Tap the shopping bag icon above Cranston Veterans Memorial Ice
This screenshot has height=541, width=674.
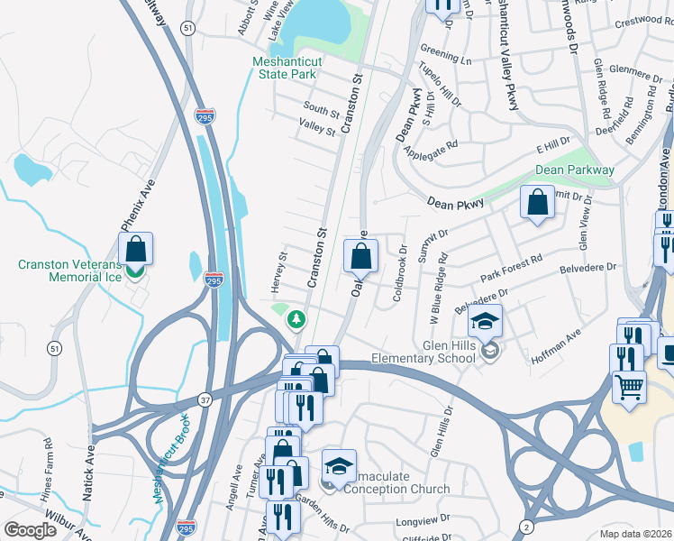click(x=135, y=249)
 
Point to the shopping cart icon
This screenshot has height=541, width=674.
click(x=629, y=387)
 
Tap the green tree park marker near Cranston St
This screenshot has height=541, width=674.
click(x=295, y=319)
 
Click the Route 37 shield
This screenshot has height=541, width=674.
click(x=205, y=398)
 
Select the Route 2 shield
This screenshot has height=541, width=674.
click(x=525, y=526)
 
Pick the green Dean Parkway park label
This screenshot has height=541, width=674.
click(x=575, y=170)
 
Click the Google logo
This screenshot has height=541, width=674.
click(x=30, y=530)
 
